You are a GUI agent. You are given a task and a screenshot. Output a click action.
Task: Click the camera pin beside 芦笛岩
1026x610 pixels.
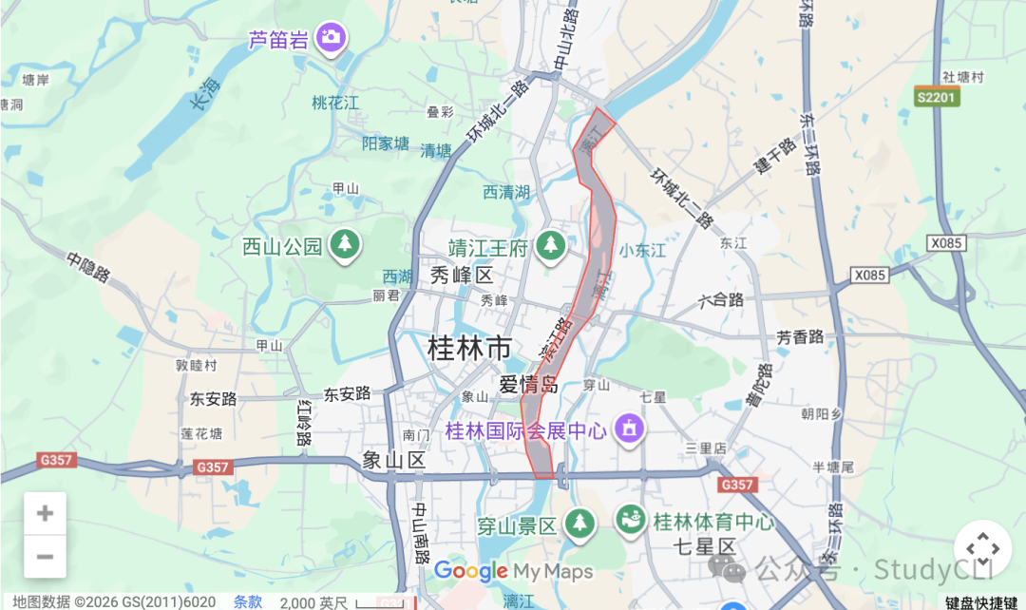tap(331, 37)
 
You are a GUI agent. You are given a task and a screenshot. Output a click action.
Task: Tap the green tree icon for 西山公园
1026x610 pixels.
tap(345, 245)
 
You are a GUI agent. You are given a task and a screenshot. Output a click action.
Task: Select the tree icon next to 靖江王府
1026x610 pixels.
tap(549, 247)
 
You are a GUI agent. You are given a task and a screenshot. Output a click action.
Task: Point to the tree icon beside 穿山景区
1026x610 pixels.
tap(579, 522)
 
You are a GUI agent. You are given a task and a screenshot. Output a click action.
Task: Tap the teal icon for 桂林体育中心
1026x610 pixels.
tap(629, 520)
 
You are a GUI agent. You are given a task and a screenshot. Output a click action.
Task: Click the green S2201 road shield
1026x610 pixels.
tap(938, 97)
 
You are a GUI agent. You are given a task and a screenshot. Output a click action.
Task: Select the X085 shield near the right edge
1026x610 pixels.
tap(947, 243)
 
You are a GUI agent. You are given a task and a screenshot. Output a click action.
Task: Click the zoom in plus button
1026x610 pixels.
tap(45, 514)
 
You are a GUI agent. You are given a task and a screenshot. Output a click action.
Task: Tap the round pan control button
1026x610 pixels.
tap(981, 548)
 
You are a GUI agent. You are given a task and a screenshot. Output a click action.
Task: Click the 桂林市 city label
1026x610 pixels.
tap(471, 348)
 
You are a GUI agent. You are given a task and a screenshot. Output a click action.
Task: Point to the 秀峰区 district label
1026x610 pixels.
tap(463, 276)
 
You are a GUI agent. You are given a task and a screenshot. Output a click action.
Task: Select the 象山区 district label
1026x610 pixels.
tap(393, 461)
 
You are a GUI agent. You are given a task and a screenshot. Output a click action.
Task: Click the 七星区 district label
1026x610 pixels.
tap(704, 546)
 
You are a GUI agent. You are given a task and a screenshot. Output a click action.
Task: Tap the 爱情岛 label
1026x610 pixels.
tap(528, 385)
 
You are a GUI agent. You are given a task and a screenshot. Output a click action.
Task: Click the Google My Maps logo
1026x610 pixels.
tap(513, 571)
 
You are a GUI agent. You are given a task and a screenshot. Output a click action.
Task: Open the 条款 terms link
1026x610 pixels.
tap(248, 601)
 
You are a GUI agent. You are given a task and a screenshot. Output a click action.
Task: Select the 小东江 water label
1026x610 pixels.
tap(642, 251)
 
